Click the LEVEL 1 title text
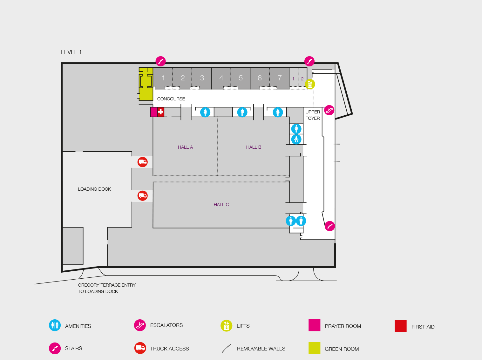pos(71,52)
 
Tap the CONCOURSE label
pos(171,99)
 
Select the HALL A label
pos(185,147)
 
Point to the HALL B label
pos(254,147)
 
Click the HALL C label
pos(221,205)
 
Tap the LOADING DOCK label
pos(94,189)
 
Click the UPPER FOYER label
pos(313,115)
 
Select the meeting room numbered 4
pos(221,78)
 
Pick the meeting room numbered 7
pos(280,78)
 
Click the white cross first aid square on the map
pos(161,112)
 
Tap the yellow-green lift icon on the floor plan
pos(310,84)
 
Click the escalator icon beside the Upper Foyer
pos(329,110)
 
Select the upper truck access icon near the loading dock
pos(143,162)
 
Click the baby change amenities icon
pos(296,139)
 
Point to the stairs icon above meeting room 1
pos(160,61)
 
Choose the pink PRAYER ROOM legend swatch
pos(314,325)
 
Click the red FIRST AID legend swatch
pos(400,326)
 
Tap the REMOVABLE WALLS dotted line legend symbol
pos(226,348)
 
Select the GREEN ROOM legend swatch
pos(314,348)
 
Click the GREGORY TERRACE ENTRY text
pos(107,285)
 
